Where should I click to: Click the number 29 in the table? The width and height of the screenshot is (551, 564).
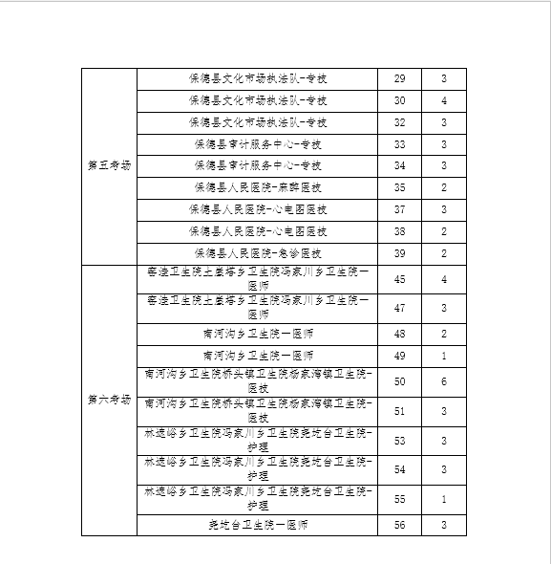(x=399, y=78)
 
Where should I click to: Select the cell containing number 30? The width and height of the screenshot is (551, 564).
(x=399, y=100)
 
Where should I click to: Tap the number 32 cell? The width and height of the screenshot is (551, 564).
(x=399, y=122)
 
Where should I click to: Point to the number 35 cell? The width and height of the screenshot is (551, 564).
(x=399, y=187)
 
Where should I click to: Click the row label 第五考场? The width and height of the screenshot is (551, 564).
(x=108, y=165)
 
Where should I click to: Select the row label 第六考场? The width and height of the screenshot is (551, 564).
(x=108, y=398)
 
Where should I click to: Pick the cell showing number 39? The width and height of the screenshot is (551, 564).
(x=399, y=253)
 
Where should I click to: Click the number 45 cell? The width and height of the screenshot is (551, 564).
(x=399, y=279)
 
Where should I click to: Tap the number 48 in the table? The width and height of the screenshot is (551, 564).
(x=399, y=334)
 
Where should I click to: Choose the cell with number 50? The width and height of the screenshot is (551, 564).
(x=399, y=381)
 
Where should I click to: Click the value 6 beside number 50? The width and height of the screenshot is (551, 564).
(x=444, y=381)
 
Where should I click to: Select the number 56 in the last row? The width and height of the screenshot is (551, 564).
(x=399, y=526)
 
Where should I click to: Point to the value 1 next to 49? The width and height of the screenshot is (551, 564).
(x=444, y=356)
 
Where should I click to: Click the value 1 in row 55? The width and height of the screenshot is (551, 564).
(x=444, y=499)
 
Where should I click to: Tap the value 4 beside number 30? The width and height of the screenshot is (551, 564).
(x=444, y=100)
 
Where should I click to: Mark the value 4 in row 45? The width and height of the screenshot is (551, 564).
(x=444, y=279)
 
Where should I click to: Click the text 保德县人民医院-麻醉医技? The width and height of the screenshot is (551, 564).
(x=258, y=187)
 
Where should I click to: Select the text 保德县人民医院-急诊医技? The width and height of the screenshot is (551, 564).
(x=258, y=253)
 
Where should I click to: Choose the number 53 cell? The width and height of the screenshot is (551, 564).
(x=399, y=441)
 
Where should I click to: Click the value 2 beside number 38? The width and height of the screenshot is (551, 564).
(x=444, y=231)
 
